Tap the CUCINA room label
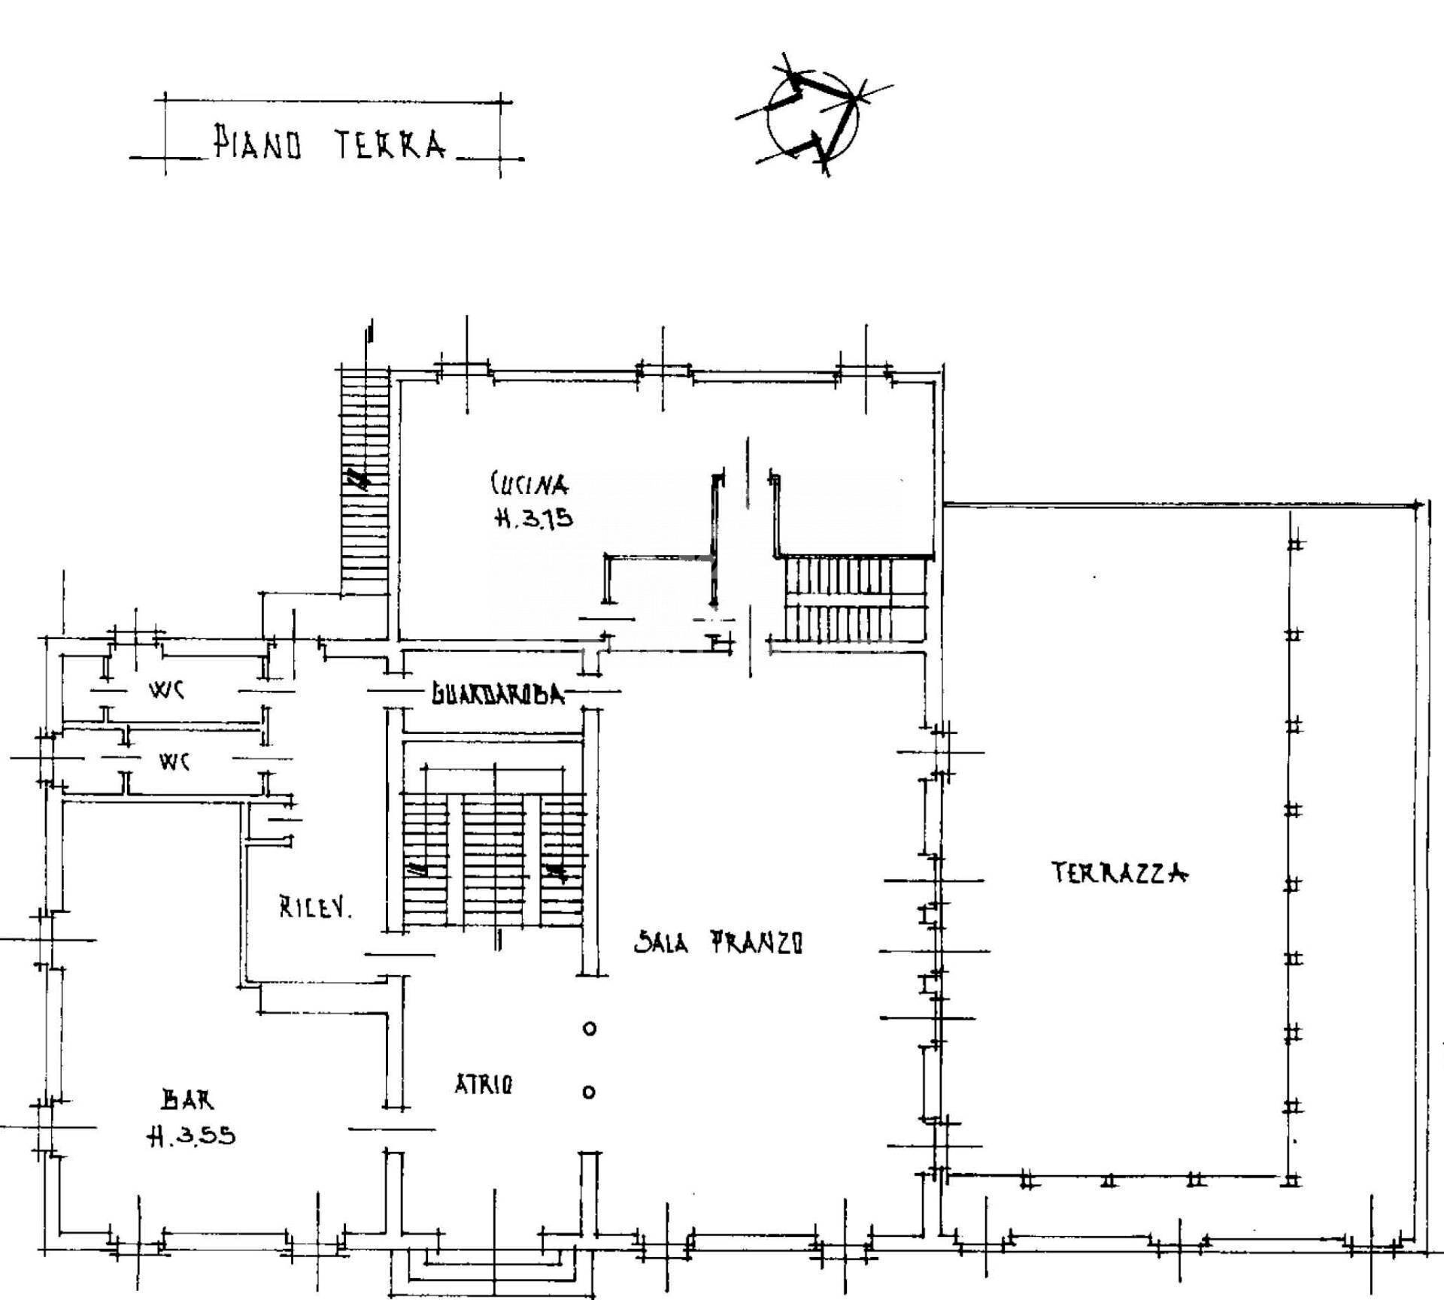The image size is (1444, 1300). (x=529, y=484)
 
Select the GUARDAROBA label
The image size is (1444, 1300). (x=497, y=694)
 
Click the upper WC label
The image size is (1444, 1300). (x=168, y=689)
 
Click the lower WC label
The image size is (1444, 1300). (x=174, y=761)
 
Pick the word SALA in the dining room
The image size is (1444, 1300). (x=661, y=941)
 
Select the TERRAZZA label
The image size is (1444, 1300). (x=1119, y=872)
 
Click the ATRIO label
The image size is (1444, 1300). (x=484, y=1084)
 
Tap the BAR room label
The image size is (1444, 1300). (x=188, y=1100)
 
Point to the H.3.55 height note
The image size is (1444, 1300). (x=191, y=1136)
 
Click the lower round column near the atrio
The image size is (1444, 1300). (x=590, y=1092)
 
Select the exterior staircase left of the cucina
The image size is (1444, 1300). (x=365, y=480)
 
